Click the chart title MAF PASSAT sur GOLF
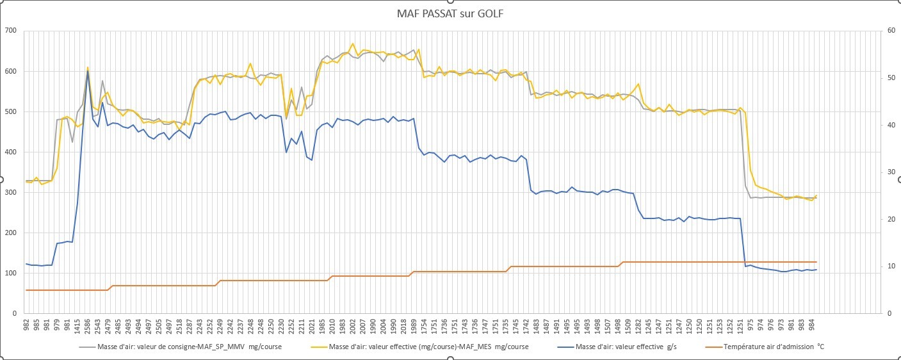[x=450, y=13]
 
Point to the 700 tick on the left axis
[x=11, y=31]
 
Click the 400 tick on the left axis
[x=11, y=152]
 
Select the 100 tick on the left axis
[x=11, y=273]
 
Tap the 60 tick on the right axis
[x=891, y=31]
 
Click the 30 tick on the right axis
[x=891, y=172]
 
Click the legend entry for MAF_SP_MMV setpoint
[x=181, y=347]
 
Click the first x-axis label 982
[x=26, y=326]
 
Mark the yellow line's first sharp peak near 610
[x=88, y=67]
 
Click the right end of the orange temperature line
[x=816, y=262]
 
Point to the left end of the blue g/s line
[x=26, y=264]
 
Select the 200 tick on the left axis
[x=11, y=233]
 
